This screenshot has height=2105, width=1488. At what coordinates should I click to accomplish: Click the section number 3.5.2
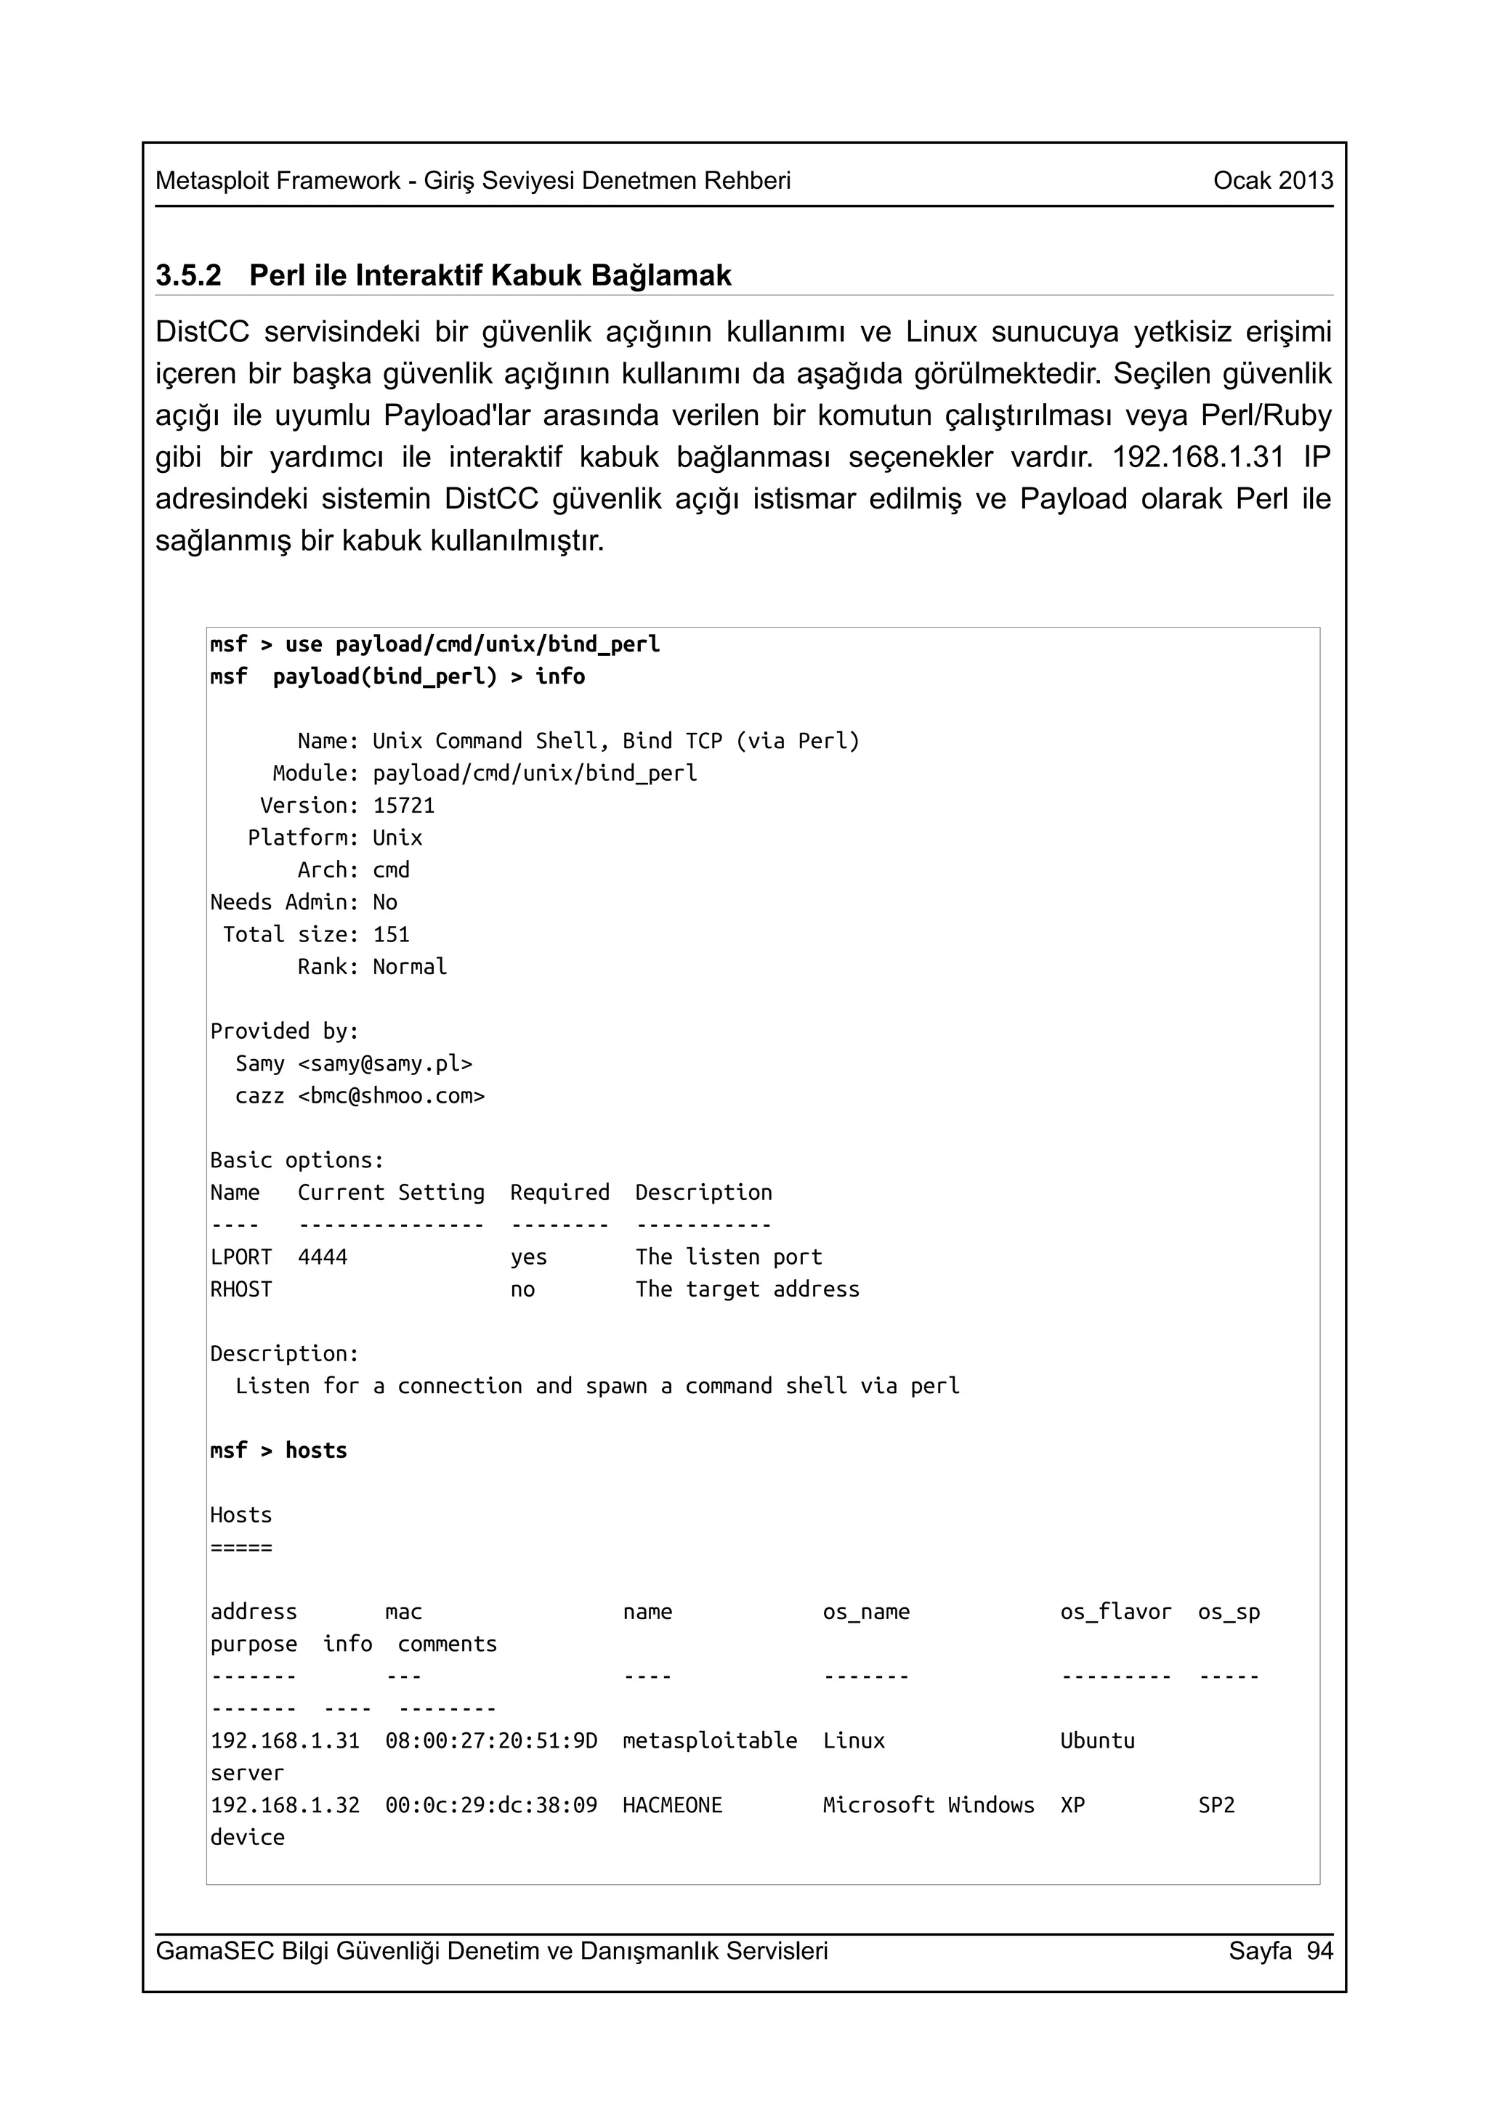coord(188,275)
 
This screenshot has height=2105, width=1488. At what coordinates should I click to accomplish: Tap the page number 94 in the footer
coord(1319,1950)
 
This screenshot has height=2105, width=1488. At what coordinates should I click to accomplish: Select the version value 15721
coord(403,806)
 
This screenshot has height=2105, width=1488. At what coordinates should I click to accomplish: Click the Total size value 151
coord(391,934)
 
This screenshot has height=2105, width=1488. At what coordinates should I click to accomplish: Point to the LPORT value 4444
coord(323,1257)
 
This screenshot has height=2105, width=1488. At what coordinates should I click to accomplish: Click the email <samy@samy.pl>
coord(385,1063)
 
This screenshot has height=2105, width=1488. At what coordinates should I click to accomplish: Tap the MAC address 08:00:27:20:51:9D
coord(490,1740)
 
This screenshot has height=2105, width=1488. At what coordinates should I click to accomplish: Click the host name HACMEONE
coord(672,1804)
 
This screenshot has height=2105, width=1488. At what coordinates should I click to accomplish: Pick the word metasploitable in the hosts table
coord(710,1740)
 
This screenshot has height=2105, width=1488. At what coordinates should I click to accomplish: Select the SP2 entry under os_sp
coord(1216,1804)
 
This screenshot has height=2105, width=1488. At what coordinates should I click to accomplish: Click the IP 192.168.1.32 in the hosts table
coord(285,1804)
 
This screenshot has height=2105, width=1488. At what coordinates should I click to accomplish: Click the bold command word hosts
coord(315,1451)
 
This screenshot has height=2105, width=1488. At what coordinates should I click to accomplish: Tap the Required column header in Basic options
coord(559,1192)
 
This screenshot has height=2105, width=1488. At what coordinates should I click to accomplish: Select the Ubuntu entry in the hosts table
coord(1096,1740)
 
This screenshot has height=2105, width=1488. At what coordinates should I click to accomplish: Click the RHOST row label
coord(241,1289)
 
